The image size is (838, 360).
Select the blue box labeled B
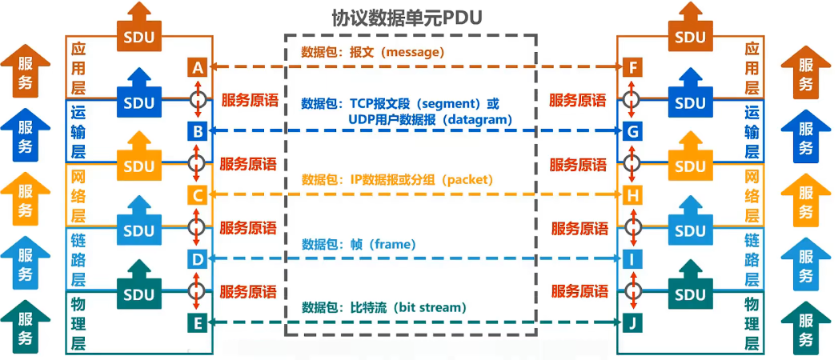pyautogui.click(x=198, y=130)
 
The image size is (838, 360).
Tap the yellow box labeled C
pyautogui.click(x=198, y=194)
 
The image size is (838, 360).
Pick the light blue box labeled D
pyautogui.click(x=198, y=258)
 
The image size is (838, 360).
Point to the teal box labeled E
pyautogui.click(x=198, y=322)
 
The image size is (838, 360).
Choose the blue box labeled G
pyautogui.click(x=632, y=130)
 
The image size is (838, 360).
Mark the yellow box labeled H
pyautogui.click(x=632, y=194)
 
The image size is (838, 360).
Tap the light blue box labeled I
pyautogui.click(x=632, y=258)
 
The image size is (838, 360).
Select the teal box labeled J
pyautogui.click(x=632, y=322)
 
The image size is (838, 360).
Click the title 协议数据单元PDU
pyautogui.click(x=407, y=18)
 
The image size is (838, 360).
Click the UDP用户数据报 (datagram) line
pyautogui.click(x=430, y=119)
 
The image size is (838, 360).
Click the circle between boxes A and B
pyautogui.click(x=198, y=99)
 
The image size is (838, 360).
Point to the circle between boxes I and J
pyautogui.click(x=632, y=290)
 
